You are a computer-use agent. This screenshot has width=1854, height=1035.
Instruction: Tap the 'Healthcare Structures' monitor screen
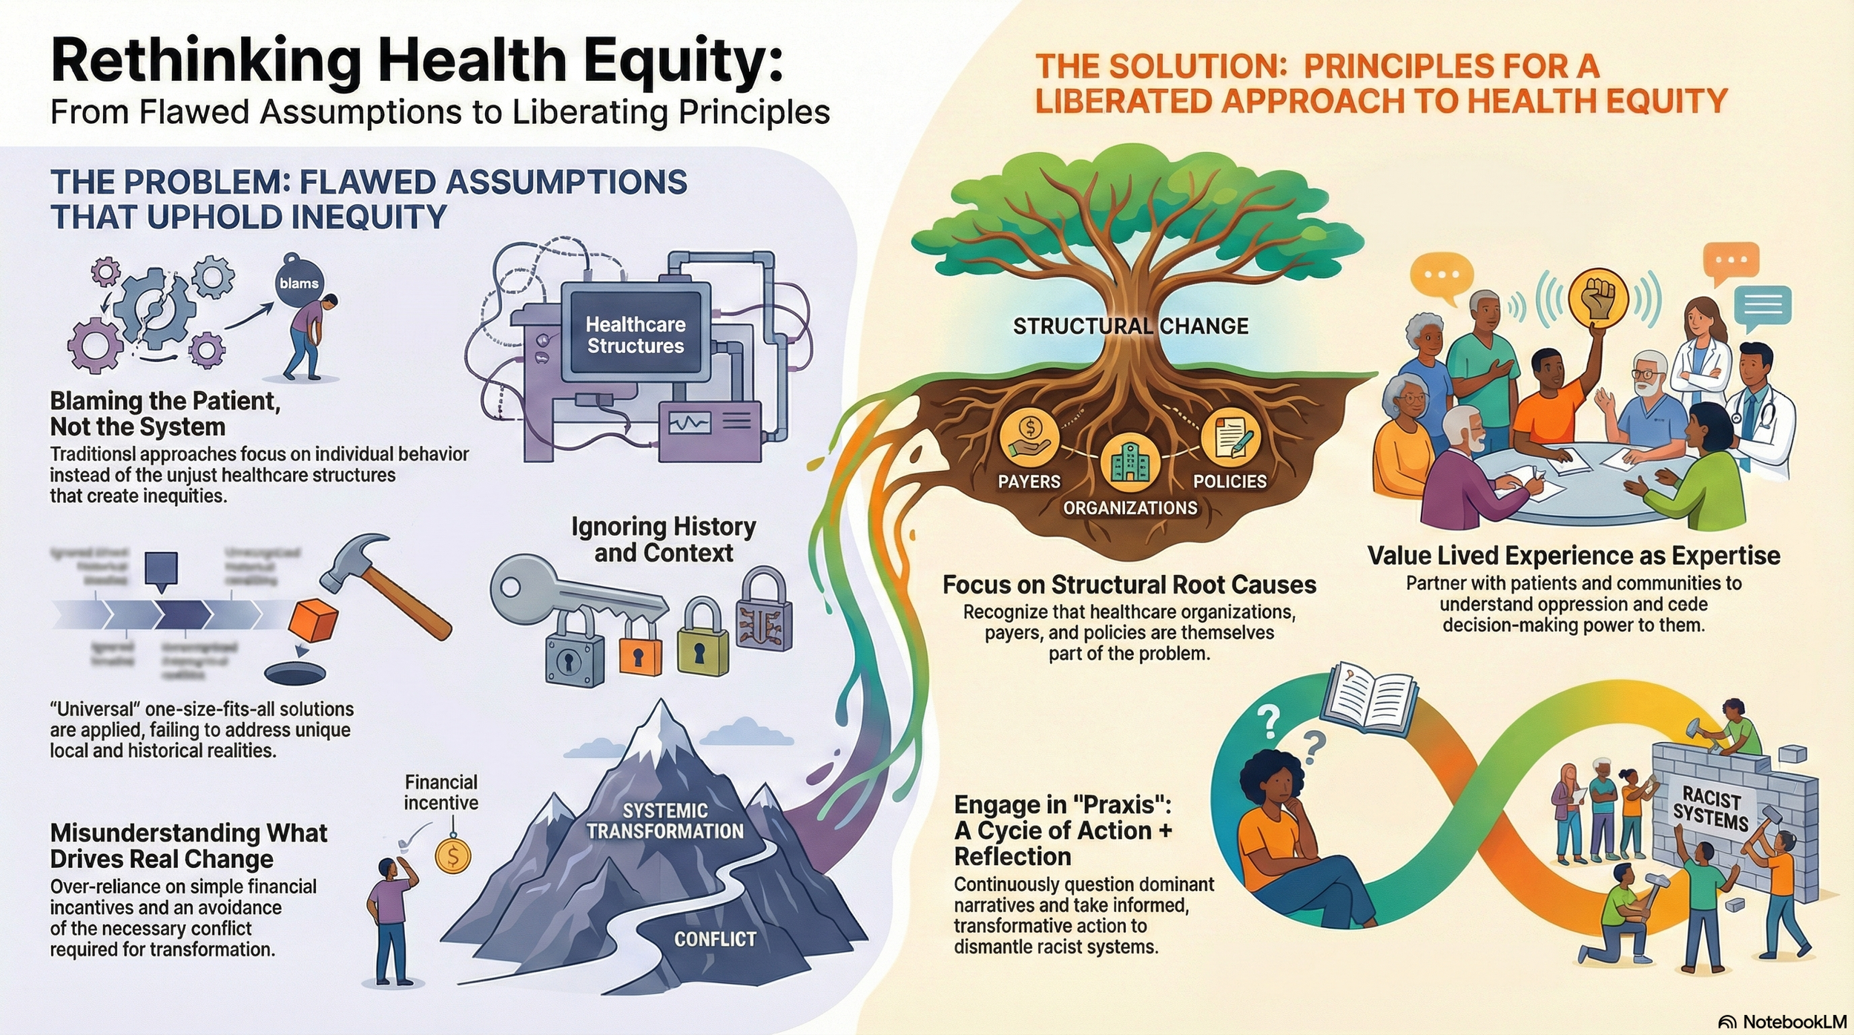click(635, 335)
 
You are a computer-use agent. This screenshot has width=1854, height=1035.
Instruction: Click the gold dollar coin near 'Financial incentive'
click(452, 857)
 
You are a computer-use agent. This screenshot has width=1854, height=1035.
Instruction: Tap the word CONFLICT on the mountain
click(715, 939)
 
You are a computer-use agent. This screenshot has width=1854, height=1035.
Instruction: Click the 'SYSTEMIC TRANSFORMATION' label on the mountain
click(665, 821)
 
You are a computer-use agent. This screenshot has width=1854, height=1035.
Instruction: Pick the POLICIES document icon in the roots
click(1230, 438)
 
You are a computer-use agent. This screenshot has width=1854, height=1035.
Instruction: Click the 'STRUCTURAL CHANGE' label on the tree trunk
click(1130, 326)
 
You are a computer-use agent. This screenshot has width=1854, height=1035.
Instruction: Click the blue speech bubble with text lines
click(1763, 306)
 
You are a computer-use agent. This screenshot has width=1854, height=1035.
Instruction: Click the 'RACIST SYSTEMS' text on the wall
click(1711, 809)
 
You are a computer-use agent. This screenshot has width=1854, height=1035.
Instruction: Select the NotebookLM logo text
click(1795, 1022)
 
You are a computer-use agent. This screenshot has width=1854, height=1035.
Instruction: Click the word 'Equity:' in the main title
click(683, 61)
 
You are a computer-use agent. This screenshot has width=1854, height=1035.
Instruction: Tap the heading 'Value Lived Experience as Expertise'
click(1574, 556)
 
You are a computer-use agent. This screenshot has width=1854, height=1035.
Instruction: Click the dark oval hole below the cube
click(295, 674)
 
